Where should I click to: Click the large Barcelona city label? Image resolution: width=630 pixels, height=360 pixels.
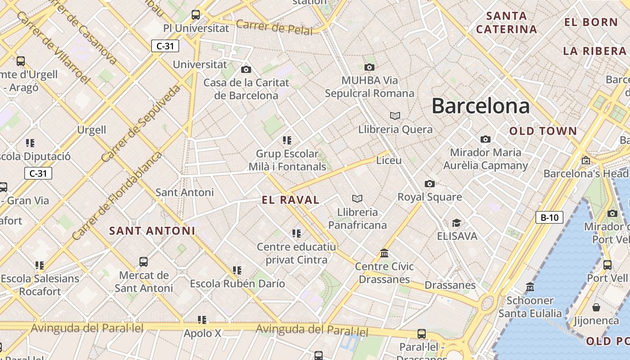[481, 106]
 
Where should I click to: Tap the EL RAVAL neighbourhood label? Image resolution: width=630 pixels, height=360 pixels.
[291, 200]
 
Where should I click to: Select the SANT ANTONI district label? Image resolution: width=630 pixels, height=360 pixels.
[152, 231]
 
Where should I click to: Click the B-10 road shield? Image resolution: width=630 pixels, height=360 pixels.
[549, 218]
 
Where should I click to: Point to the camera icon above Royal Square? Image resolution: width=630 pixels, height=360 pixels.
[430, 184]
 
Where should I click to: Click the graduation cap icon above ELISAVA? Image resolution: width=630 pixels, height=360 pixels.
[456, 223]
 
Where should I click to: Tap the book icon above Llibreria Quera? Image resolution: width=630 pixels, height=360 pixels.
[395, 116]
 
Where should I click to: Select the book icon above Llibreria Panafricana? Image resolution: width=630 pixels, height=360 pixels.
[357, 198]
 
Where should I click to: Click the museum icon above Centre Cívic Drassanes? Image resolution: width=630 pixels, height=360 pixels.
[384, 253]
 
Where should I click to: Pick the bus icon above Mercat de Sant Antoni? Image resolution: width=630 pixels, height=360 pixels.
[144, 261]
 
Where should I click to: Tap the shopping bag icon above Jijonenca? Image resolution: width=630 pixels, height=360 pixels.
[596, 307]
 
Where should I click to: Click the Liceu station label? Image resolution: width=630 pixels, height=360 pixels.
[389, 160]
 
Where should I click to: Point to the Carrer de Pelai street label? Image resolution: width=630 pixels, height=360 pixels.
[274, 27]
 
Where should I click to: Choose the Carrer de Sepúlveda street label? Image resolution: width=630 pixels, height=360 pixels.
[141, 123]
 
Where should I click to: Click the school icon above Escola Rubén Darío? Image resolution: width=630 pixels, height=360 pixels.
[237, 270]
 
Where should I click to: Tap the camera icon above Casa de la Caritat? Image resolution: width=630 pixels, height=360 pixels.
[246, 69]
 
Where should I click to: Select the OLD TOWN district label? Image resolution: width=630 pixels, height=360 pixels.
[543, 131]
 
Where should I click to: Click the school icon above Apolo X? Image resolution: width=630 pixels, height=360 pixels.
[202, 320]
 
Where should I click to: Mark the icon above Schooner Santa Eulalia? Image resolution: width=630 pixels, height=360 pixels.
[530, 287]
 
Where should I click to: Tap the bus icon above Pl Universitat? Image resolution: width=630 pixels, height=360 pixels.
[196, 14]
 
